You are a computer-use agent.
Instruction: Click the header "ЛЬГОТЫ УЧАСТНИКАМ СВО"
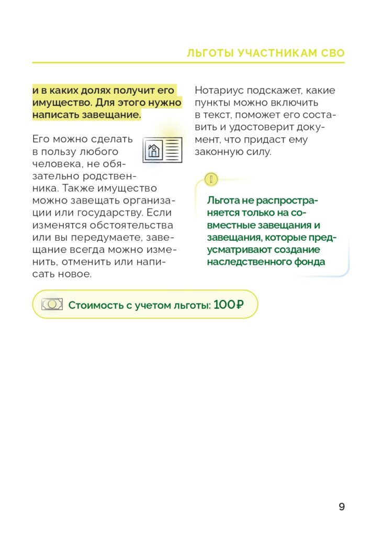[266, 53]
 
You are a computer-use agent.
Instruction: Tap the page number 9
[342, 507]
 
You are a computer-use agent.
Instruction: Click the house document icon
[162, 150]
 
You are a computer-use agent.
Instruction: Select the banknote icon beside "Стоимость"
[52, 304]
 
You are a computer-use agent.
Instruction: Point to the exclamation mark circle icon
[210, 180]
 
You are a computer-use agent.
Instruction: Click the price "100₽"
[229, 305]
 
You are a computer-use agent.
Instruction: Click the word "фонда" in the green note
[310, 262]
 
